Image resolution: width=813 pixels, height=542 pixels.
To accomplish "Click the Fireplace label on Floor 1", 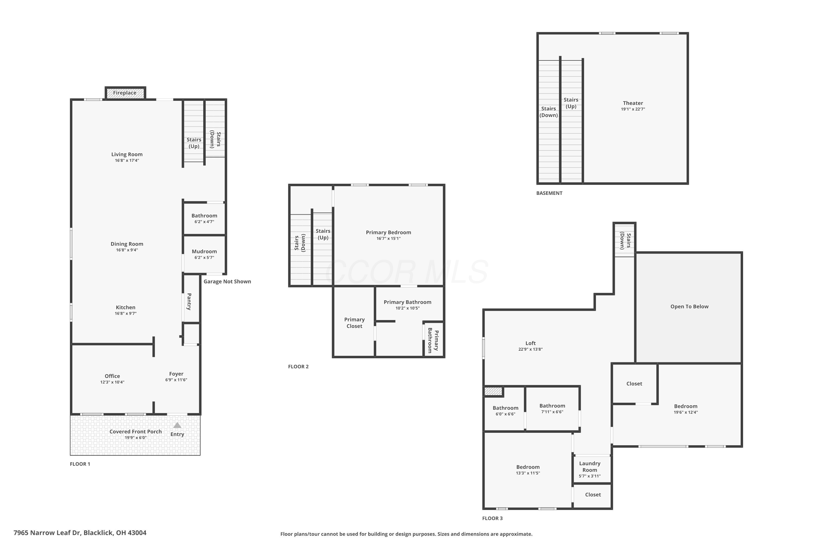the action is click(x=124, y=93).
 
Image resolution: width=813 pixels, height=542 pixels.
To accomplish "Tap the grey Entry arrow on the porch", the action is click(x=177, y=425).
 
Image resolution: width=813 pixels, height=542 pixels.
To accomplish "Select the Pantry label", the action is click(x=189, y=302).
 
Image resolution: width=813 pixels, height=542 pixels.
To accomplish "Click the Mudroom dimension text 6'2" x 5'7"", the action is click(x=204, y=257).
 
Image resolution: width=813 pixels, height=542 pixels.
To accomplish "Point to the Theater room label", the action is click(x=633, y=103).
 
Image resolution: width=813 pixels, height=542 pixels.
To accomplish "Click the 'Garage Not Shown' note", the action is click(x=227, y=281).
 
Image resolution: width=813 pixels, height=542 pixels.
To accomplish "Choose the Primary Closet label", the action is click(x=354, y=323).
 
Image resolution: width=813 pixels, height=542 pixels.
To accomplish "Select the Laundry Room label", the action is click(x=590, y=467).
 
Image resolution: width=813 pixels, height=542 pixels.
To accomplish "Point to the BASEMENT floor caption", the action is click(x=549, y=193).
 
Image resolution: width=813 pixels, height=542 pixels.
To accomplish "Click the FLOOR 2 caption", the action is click(x=298, y=367).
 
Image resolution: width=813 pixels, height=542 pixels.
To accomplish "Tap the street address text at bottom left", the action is click(x=80, y=533).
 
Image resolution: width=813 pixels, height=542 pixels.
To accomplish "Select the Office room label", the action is click(x=112, y=376).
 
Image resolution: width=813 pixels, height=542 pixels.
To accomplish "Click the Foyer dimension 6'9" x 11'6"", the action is click(x=176, y=380).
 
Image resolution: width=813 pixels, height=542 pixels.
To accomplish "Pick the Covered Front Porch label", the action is click(x=135, y=432).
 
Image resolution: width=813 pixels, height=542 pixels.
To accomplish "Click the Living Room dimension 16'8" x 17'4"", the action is click(x=127, y=160).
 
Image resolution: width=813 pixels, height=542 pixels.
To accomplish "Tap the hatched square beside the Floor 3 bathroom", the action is click(x=493, y=391).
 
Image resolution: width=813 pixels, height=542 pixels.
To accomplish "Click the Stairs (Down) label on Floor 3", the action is click(x=625, y=241).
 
